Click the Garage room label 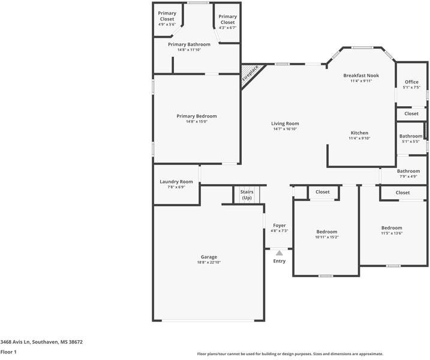pos(209,257)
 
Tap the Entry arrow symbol pos(279,253)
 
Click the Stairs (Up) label pos(246,194)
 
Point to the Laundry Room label pos(176,182)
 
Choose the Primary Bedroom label pos(197,116)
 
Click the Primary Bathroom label pos(189,44)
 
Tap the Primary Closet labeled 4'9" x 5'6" pos(167,16)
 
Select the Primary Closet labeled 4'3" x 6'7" pos(227,19)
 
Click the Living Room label pos(285,124)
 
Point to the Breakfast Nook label pos(361,76)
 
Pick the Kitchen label pos(359,133)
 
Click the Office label pos(411,82)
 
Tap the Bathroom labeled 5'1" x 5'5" pos(411,136)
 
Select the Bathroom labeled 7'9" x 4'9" pos(408,171)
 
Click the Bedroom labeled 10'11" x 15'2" pos(327,232)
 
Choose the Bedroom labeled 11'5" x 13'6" pos(392,228)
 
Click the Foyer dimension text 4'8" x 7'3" pos(279,231)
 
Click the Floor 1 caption pos(8,352)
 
